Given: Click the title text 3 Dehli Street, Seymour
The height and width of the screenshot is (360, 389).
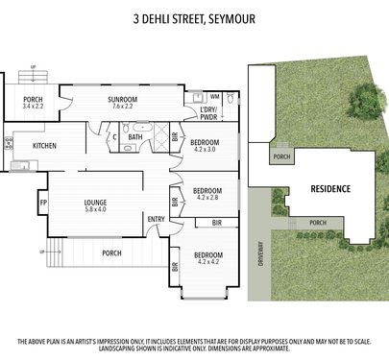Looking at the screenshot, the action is [x=194, y=18].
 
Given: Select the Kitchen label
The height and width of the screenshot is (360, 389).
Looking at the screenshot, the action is [x=44, y=146].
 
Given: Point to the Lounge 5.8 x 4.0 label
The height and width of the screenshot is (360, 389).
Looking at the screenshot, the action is [x=95, y=205].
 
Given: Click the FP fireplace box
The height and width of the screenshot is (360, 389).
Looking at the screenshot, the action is [x=43, y=203].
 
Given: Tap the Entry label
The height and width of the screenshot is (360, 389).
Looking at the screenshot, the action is [x=157, y=219].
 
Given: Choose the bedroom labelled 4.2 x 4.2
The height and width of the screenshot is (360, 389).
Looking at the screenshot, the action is [x=208, y=258].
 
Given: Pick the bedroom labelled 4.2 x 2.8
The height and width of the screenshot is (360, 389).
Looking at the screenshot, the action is [x=207, y=194].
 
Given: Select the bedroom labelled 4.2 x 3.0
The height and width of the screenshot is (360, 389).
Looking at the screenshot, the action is [x=205, y=146].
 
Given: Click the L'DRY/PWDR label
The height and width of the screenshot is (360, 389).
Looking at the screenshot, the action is [x=208, y=113].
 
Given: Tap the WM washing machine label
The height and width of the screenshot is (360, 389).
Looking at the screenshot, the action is [x=215, y=96].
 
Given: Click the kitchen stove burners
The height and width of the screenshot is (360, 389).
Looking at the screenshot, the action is [x=9, y=143].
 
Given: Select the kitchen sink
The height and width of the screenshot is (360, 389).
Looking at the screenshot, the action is [x=20, y=165].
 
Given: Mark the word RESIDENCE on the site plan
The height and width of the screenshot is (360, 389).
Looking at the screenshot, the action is [x=330, y=189].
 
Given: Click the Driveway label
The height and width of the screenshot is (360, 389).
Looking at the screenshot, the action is [x=260, y=254].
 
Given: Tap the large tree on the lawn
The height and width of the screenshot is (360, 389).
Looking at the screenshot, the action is [x=366, y=100].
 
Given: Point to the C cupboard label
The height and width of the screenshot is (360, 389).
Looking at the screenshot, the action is [x=114, y=137].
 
